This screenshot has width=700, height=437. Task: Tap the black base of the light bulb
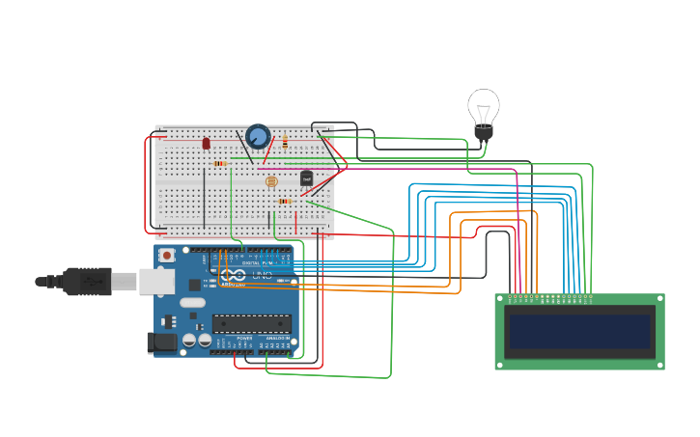click(x=483, y=131)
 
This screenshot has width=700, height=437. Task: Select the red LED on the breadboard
click(x=206, y=143)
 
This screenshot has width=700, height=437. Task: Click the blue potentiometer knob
click(x=258, y=136)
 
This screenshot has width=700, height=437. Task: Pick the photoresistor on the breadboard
click(x=271, y=180)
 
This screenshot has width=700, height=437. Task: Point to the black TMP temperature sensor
click(x=306, y=178)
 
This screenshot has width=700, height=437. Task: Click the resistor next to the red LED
click(x=220, y=163)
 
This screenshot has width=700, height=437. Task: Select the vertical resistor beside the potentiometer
click(x=285, y=142)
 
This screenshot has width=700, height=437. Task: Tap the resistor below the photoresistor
click(x=285, y=201)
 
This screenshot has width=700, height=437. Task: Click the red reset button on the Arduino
click(x=167, y=256)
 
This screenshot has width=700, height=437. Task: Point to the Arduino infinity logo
click(x=233, y=275)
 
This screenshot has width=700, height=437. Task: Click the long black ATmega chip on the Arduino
click(x=251, y=323)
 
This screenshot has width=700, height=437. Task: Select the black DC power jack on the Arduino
click(x=161, y=341)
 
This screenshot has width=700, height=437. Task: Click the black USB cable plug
click(x=89, y=281)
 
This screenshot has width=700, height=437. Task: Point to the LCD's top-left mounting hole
click(x=500, y=299)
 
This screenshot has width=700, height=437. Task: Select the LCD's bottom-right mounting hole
click(x=659, y=365)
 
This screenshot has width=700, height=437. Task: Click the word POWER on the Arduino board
click(x=244, y=339)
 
